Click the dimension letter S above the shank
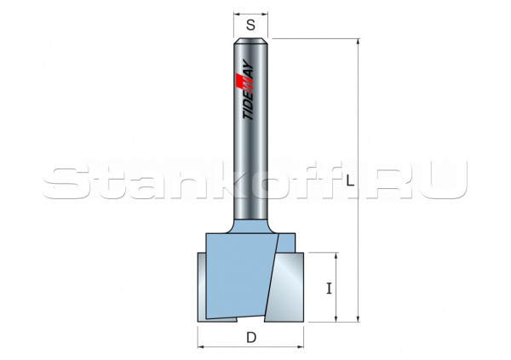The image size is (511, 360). point(250,26)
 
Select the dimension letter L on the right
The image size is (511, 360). point(350,179)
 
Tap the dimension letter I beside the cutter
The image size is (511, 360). point(329,289)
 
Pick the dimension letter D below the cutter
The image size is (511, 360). point(251,337)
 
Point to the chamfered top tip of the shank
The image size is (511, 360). point(250,41)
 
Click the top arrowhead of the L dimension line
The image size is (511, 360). point(359,43)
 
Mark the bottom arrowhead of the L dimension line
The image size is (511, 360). point(359,317)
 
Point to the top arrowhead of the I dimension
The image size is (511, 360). point(338,257)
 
